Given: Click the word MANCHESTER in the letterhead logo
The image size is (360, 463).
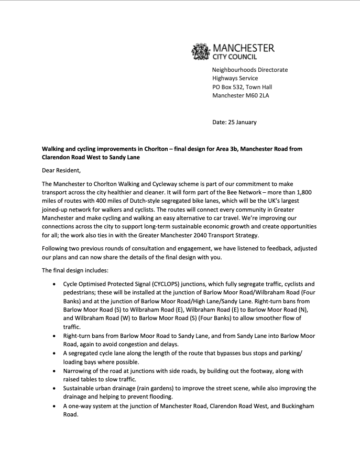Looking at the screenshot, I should coord(243,49).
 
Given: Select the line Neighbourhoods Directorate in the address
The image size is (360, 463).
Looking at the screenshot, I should coord(249,70).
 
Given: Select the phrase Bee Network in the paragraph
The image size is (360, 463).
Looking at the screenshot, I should coord(216,191).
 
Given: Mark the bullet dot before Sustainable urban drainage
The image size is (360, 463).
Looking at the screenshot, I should coord(56,388).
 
